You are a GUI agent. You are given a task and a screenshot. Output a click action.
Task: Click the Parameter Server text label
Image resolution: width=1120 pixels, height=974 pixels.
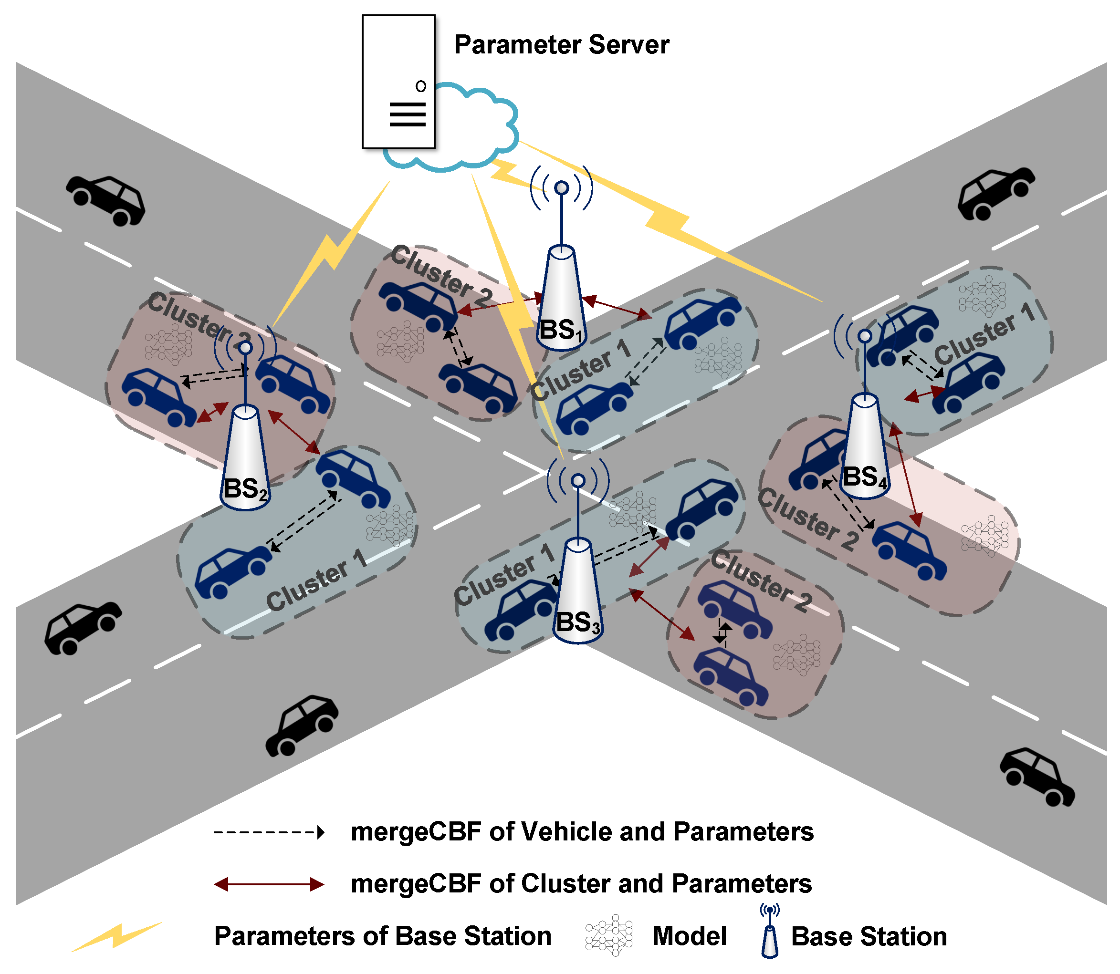[561, 44]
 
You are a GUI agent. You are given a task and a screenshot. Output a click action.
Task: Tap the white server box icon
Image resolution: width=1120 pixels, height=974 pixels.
[398, 82]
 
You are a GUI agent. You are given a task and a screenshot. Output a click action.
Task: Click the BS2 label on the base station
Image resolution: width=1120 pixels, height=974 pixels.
[245, 488]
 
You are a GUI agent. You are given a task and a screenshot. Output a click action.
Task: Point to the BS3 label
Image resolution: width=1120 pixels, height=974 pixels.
[577, 622]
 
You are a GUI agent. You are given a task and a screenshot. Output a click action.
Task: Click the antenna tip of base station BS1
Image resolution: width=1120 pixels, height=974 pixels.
[562, 188]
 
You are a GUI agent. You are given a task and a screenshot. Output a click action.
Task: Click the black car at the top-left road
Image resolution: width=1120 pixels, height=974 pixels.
[106, 200]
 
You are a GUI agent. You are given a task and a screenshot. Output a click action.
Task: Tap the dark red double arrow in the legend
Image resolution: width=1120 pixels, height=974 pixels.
[269, 884]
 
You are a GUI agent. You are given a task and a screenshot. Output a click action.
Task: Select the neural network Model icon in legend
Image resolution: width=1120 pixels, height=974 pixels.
[609, 935]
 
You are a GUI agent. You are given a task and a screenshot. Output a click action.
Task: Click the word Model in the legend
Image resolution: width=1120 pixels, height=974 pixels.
[689, 936]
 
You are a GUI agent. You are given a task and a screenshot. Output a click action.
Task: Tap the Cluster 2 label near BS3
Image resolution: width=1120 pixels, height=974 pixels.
[761, 581]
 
